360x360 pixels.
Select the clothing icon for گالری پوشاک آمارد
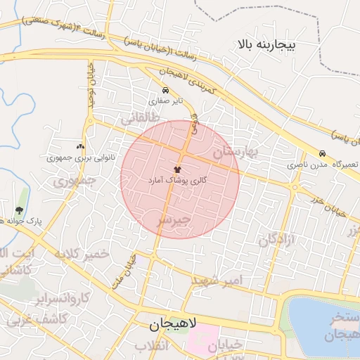[176, 169]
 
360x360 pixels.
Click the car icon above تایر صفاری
[165, 91]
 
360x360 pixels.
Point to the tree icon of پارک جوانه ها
[19, 210]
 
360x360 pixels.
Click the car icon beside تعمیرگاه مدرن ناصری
[322, 153]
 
